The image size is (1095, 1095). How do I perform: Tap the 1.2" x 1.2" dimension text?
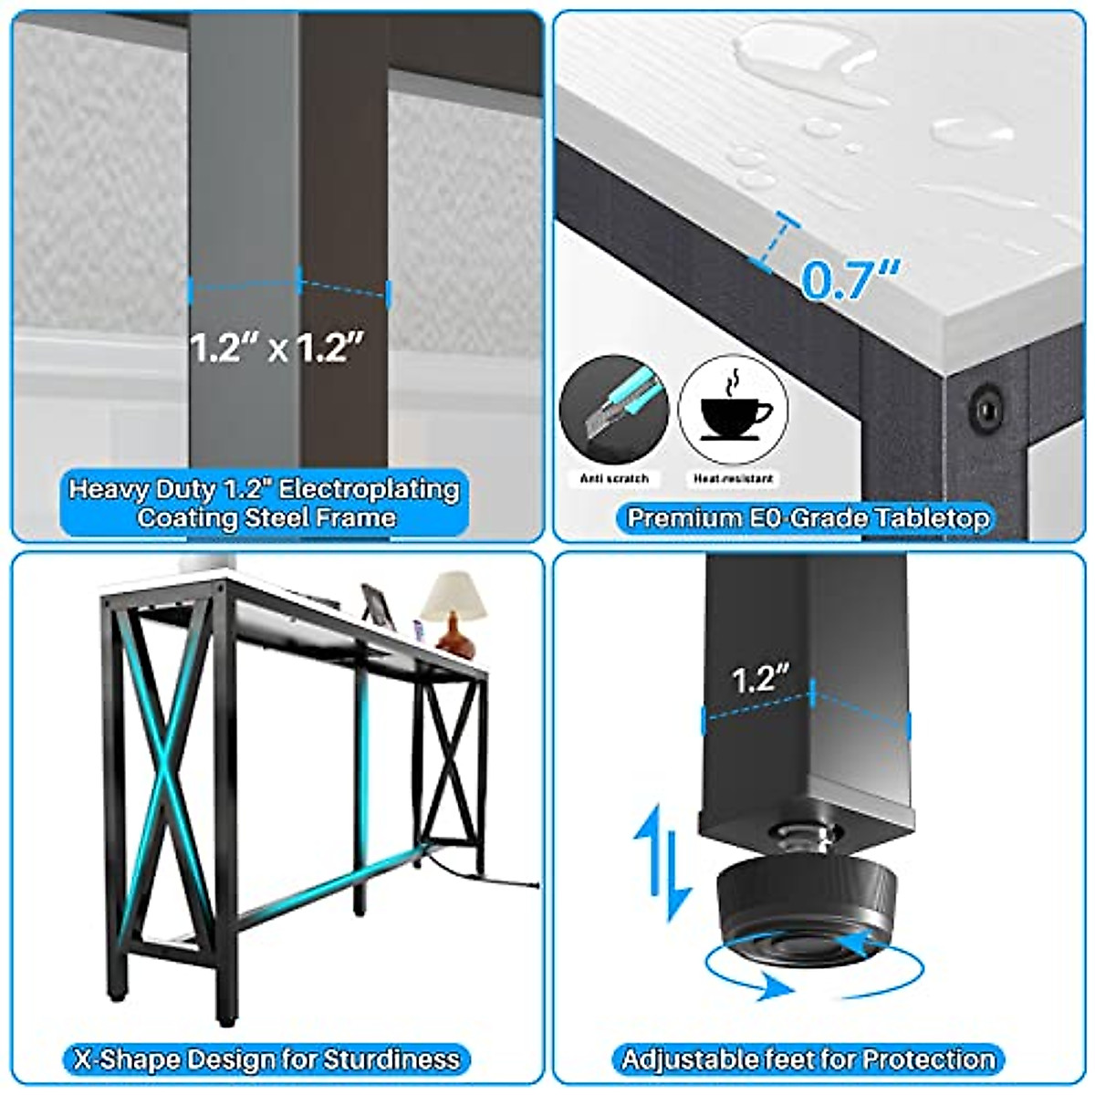click(276, 348)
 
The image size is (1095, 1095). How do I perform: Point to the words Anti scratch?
click(614, 478)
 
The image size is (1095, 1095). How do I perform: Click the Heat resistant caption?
click(733, 478)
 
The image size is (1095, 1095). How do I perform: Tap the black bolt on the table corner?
click(985, 406)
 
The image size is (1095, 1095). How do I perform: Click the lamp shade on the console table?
click(454, 596)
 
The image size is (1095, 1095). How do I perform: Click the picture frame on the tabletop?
click(378, 606)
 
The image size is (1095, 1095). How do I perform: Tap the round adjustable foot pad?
click(808, 911)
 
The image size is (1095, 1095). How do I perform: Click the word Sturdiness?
click(391, 1043)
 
